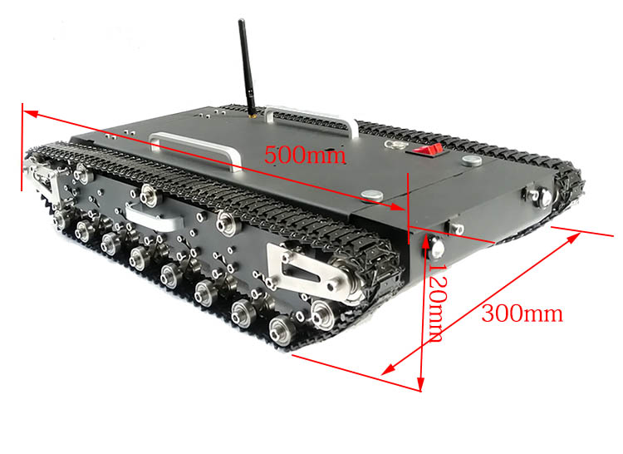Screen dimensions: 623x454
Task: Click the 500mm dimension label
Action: [x=304, y=155]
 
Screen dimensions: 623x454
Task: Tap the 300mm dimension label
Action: [x=522, y=313]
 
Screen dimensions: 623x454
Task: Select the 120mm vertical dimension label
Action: [x=439, y=303]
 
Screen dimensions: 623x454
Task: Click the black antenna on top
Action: [x=247, y=67]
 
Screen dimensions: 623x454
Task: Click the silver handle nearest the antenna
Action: [x=312, y=118]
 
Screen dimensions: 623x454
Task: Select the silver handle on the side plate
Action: [x=153, y=217]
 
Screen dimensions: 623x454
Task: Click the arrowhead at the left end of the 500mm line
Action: [x=30, y=115]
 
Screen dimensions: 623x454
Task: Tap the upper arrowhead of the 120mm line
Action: [x=426, y=243]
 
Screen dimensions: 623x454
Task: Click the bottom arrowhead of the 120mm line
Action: [x=421, y=384]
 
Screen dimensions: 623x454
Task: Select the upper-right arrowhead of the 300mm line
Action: [x=573, y=239]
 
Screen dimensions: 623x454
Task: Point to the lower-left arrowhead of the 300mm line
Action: [x=389, y=369]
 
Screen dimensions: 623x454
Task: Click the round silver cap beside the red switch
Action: [x=472, y=160]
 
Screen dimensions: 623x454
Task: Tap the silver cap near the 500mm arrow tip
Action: [x=372, y=195]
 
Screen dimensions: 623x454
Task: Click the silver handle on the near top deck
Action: [x=195, y=148]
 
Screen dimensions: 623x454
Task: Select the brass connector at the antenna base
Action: [x=252, y=116]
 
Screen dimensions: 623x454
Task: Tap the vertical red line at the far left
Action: [x=22, y=147]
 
